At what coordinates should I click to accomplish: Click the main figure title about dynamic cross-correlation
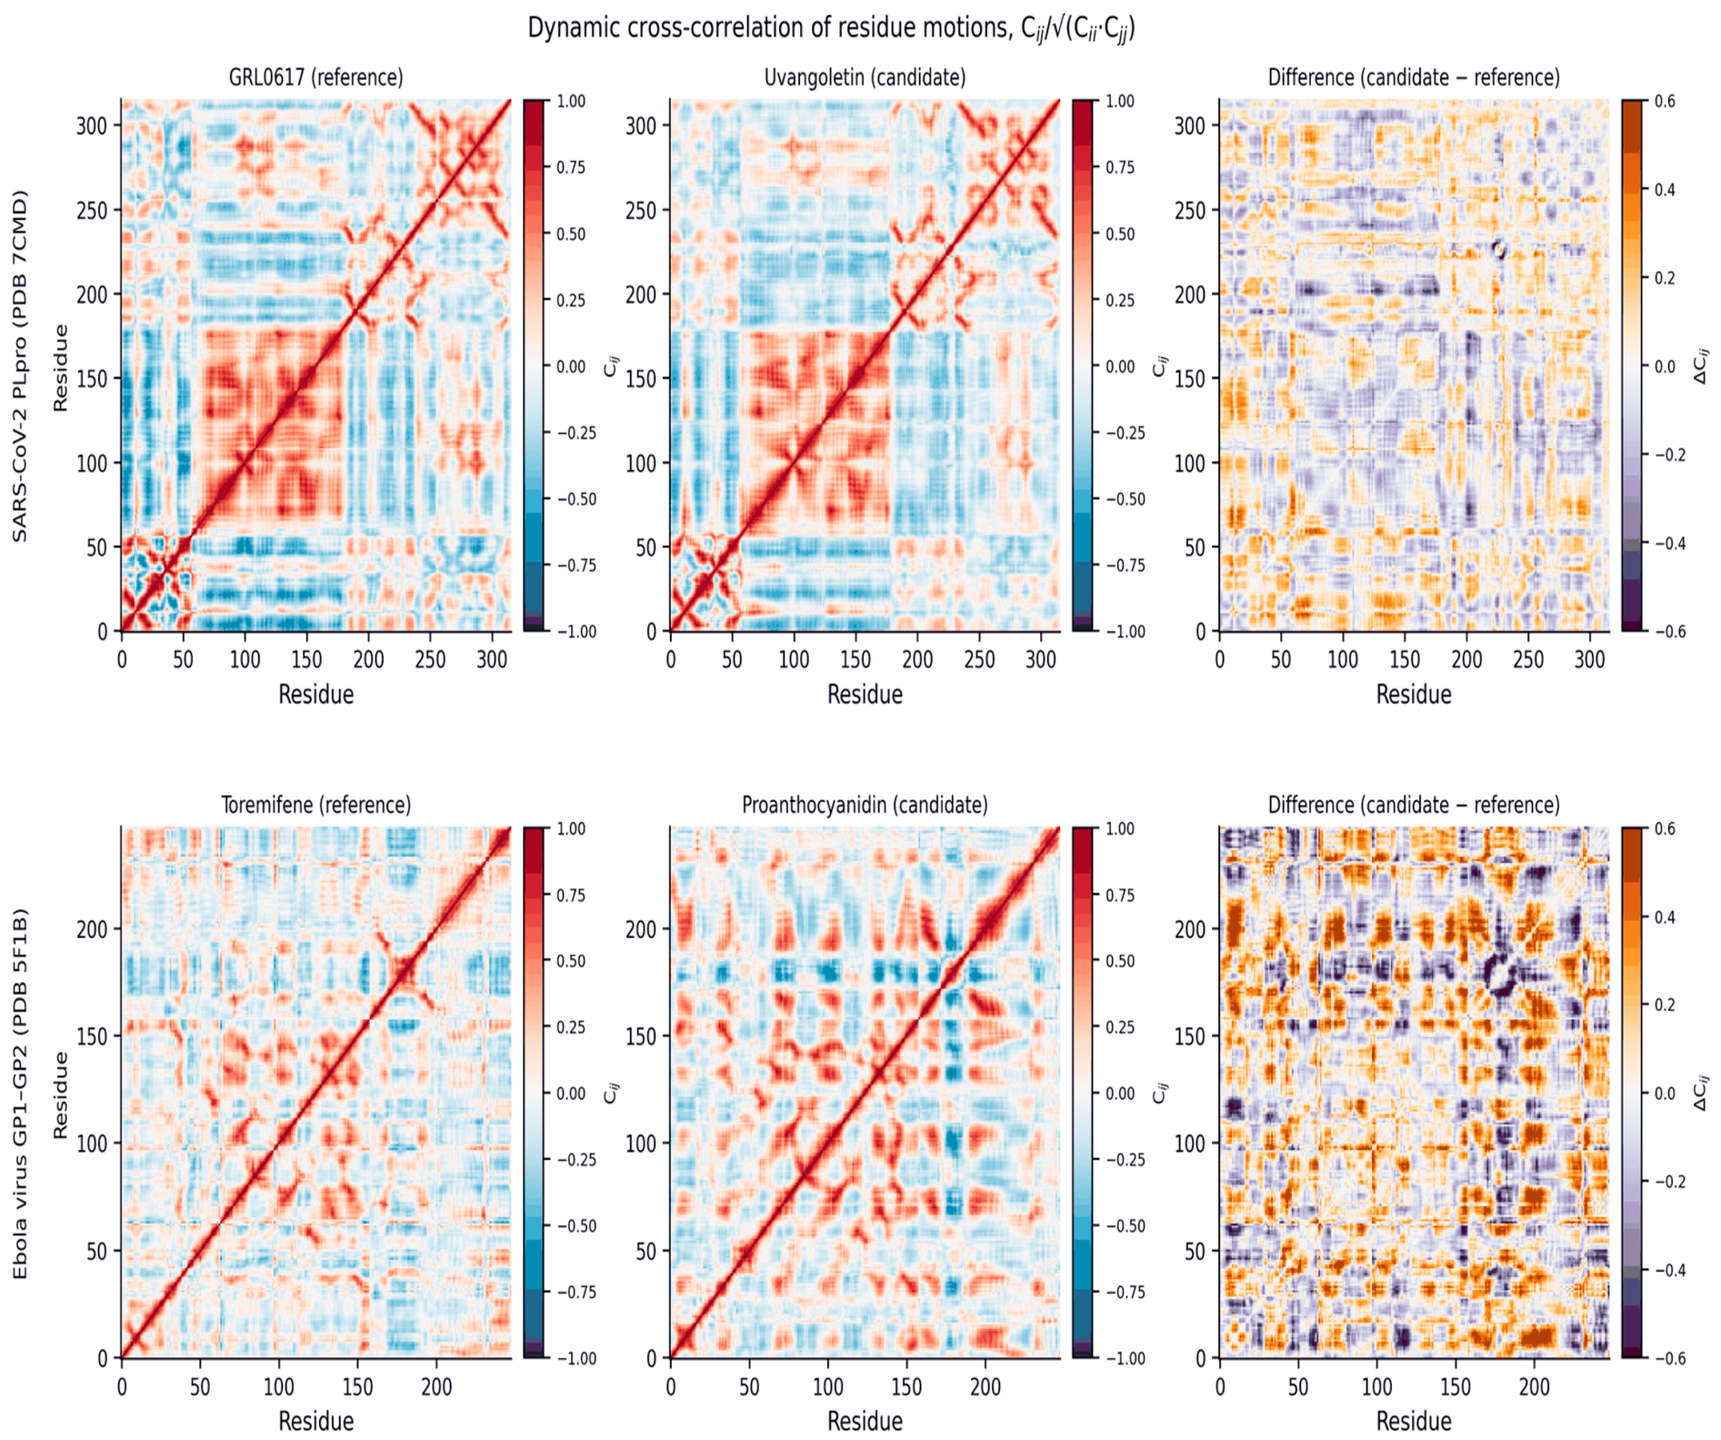(x=831, y=28)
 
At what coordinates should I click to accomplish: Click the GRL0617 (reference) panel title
(x=315, y=77)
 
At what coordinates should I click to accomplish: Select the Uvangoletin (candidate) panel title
(x=865, y=77)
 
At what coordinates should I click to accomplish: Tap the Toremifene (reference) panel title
(x=315, y=805)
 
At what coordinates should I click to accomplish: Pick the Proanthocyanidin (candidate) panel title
(x=865, y=805)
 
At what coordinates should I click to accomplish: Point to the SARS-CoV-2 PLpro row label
(x=20, y=365)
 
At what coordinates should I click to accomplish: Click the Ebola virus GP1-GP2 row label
(x=20, y=1093)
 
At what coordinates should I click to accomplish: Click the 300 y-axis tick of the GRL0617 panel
(x=92, y=125)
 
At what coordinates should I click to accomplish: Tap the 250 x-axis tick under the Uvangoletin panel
(x=979, y=659)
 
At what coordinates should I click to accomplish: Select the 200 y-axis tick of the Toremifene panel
(x=92, y=929)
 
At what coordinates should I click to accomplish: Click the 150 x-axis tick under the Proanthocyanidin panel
(x=906, y=1386)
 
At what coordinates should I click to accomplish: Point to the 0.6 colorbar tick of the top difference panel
(x=1664, y=101)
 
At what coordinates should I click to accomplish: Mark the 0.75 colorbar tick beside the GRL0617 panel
(x=571, y=167)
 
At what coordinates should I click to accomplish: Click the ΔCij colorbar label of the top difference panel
(x=1702, y=365)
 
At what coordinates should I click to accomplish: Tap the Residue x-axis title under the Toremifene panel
(x=315, y=1421)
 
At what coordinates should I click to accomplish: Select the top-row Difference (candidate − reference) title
(x=1414, y=77)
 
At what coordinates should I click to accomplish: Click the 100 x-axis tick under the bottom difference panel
(x=1376, y=1386)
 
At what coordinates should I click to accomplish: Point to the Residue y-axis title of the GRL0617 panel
(x=61, y=366)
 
